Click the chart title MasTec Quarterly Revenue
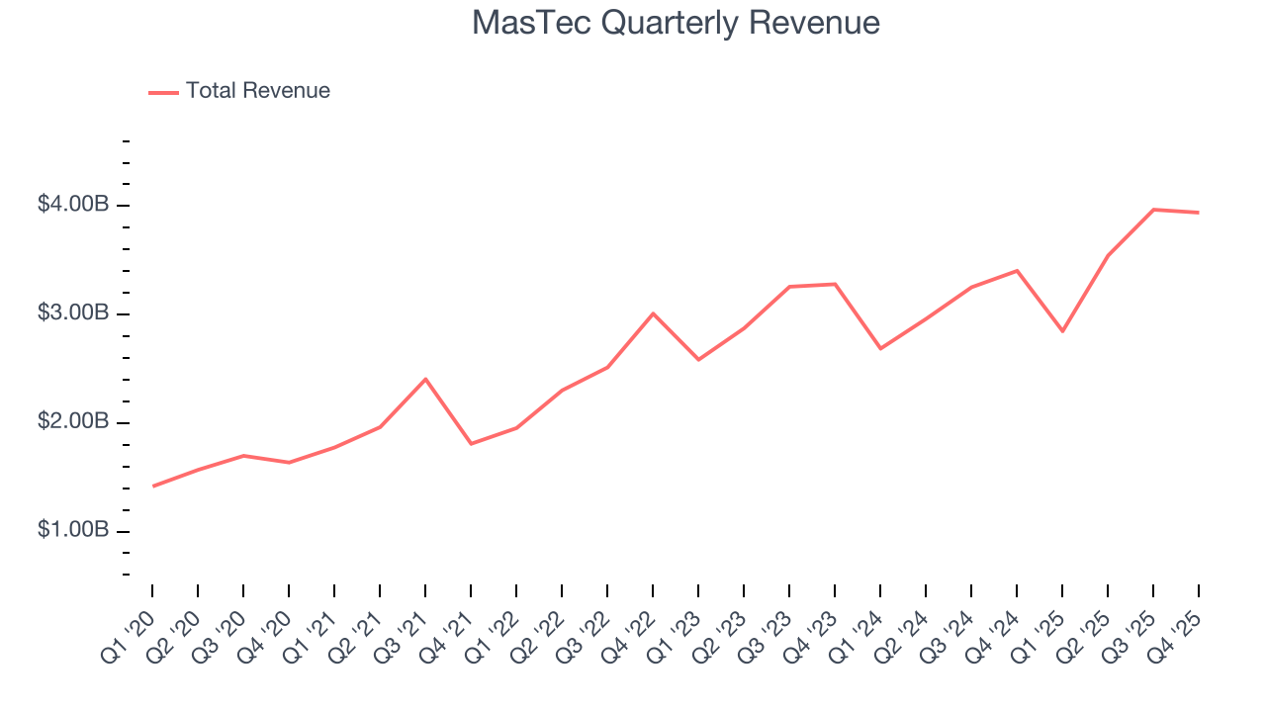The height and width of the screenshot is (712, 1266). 676,23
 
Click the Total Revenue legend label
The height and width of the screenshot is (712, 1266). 257,91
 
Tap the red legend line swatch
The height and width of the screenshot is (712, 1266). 163,92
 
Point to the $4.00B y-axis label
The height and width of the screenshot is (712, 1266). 72,205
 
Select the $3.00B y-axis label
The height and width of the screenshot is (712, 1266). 72,313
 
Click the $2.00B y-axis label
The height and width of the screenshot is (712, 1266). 72,422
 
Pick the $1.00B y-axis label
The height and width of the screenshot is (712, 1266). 72,531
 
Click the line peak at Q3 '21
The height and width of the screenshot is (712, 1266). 425,379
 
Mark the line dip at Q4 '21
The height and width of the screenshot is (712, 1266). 471,443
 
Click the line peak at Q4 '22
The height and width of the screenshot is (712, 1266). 653,313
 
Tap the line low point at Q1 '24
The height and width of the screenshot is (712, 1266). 880,348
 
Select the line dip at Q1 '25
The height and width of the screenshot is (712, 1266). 1062,330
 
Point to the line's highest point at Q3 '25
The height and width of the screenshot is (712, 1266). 1153,210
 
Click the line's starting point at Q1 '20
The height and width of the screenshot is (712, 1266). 152,486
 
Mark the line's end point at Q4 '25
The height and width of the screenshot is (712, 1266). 1199,213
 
